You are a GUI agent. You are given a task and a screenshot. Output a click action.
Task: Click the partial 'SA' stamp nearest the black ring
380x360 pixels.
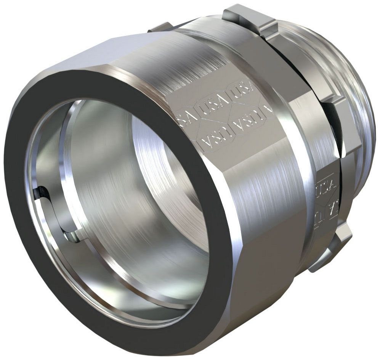click(x=183, y=114)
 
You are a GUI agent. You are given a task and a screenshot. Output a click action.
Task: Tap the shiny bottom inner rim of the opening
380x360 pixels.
click(x=126, y=301)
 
